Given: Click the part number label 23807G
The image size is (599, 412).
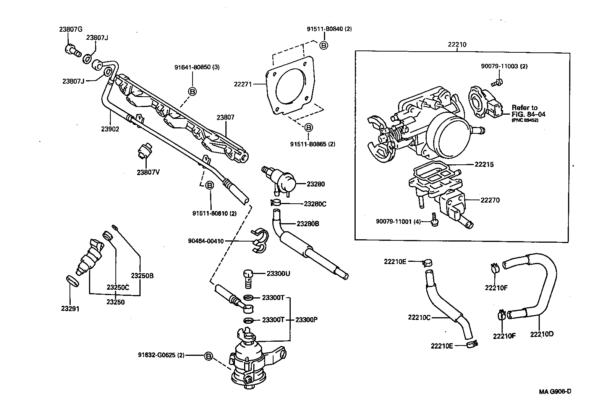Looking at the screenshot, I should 70,29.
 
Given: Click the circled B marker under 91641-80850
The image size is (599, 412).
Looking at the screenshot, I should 192,91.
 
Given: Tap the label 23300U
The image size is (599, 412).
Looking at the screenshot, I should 278,274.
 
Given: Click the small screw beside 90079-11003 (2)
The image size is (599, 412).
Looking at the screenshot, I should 497,81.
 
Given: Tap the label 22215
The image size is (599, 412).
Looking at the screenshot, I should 484,165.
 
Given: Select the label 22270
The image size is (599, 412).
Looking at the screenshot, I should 490,200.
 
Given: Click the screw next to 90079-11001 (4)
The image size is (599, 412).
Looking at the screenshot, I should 434,220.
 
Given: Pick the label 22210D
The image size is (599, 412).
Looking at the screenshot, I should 541,334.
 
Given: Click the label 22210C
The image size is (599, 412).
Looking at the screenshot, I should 419,317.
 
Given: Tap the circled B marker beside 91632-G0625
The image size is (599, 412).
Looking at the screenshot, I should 208,356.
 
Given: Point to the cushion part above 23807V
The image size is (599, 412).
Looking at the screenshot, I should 144,152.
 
